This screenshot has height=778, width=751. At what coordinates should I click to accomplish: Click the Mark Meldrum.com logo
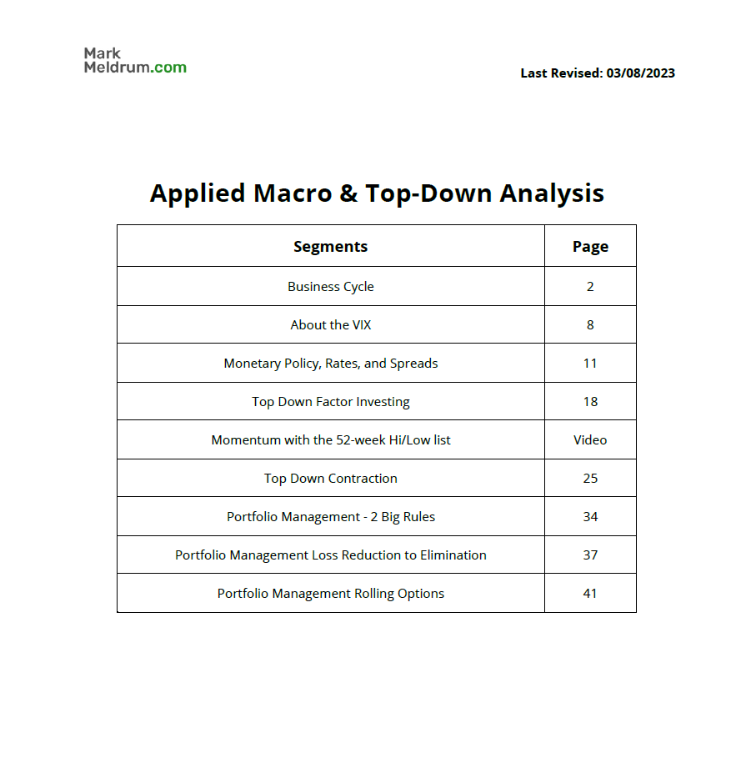click(x=134, y=61)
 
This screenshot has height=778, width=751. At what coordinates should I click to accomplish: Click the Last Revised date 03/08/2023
click(x=640, y=73)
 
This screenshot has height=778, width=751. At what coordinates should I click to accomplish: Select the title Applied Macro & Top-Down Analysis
click(x=377, y=193)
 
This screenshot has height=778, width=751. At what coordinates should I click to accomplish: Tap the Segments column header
click(x=330, y=246)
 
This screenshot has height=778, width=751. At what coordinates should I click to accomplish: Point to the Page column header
click(x=590, y=246)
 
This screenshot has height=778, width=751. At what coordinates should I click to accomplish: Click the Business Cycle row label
click(x=330, y=286)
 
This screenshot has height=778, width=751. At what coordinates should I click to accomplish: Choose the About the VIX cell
click(x=330, y=324)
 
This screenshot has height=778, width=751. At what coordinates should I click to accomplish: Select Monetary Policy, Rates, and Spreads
click(x=330, y=363)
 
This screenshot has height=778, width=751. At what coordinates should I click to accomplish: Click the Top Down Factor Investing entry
click(x=330, y=401)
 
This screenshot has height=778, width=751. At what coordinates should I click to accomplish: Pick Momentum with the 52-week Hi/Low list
click(x=330, y=439)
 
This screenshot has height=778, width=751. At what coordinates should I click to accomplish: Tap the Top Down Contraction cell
click(x=330, y=478)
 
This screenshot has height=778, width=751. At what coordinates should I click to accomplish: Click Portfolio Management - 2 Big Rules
click(x=330, y=516)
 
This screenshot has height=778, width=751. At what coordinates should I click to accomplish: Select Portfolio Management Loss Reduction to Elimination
click(x=330, y=555)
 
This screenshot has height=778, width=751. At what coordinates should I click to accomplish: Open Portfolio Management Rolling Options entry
click(x=330, y=593)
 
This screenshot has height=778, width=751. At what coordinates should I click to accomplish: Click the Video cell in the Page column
click(x=590, y=439)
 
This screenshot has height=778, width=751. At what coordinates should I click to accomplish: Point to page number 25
click(x=590, y=478)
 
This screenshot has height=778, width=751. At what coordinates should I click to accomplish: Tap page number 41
click(x=590, y=593)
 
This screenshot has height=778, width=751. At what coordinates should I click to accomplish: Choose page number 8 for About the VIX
click(x=590, y=324)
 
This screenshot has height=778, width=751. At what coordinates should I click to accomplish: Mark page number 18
click(x=590, y=401)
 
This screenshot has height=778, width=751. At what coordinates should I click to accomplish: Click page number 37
click(x=590, y=555)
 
